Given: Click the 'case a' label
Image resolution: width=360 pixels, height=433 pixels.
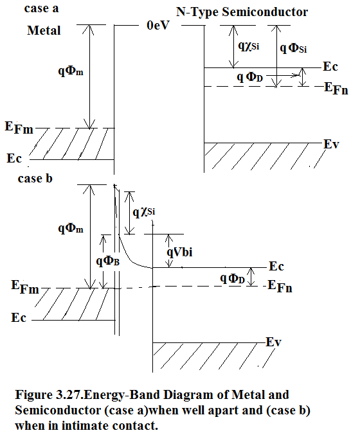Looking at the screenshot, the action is click(41, 8).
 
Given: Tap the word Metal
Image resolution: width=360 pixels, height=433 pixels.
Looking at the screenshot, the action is click(44, 30).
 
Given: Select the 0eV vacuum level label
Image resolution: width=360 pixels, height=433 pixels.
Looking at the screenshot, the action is click(158, 25).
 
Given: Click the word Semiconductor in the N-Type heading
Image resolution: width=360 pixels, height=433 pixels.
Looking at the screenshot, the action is click(265, 12).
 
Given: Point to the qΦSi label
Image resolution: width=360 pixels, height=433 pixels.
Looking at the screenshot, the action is click(293, 48).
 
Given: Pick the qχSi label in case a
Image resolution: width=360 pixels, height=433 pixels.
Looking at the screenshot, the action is click(249, 46).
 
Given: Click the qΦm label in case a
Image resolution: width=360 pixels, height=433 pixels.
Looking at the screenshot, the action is click(71, 71).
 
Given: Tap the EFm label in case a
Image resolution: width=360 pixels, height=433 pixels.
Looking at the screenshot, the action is click(19, 128).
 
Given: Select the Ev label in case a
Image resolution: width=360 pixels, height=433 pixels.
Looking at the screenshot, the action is click(331, 144).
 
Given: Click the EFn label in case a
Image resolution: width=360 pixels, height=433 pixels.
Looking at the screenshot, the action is click(336, 89).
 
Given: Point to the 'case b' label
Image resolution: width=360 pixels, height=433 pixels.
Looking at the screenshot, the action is click(35, 179).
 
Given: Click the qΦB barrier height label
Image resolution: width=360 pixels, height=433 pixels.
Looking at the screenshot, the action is click(107, 260).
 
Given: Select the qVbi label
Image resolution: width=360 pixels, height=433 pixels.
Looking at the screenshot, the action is click(179, 252).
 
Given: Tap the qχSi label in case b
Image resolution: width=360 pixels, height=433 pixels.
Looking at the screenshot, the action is click(143, 212).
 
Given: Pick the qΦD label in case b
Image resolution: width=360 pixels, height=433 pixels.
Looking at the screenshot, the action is click(232, 278).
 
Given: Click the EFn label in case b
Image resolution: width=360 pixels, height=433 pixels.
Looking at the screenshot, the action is click(280, 286).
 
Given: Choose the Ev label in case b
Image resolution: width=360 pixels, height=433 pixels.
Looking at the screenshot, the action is click(273, 342).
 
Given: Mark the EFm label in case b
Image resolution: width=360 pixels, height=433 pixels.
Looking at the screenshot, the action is click(25, 287).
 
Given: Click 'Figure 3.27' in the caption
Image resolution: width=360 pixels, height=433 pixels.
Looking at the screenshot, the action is click(48, 394).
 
